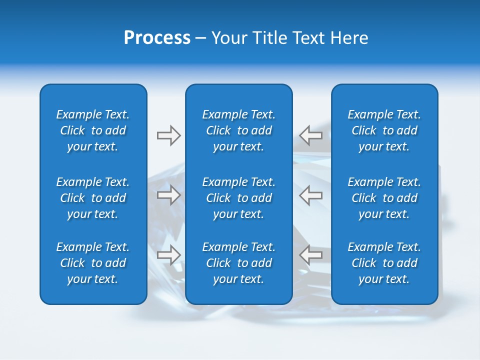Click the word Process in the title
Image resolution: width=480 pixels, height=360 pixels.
click(157, 38)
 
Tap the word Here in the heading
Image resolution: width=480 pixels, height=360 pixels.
click(349, 38)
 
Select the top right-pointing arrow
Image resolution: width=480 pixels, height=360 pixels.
click(168, 135)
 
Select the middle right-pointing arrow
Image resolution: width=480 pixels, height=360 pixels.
click(168, 195)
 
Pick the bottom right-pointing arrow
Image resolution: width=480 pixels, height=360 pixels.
click(168, 255)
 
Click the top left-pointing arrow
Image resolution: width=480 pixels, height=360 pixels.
click(311, 135)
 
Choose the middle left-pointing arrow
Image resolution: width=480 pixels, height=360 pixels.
click(311, 195)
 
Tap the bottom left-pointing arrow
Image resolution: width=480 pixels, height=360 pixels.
click(311, 255)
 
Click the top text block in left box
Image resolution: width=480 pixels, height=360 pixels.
click(93, 130)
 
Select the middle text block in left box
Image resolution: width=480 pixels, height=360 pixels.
click(93, 198)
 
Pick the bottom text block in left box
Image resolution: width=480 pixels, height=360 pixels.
click(93, 263)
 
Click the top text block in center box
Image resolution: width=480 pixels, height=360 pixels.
click(238, 130)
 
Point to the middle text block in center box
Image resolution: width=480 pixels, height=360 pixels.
click(238, 198)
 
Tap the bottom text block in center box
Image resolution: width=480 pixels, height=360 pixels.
click(238, 263)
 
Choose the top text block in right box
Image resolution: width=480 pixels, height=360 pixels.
click(384, 130)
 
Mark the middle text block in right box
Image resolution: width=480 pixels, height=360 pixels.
click(384, 198)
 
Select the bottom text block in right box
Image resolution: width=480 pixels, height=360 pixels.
click(384, 263)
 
